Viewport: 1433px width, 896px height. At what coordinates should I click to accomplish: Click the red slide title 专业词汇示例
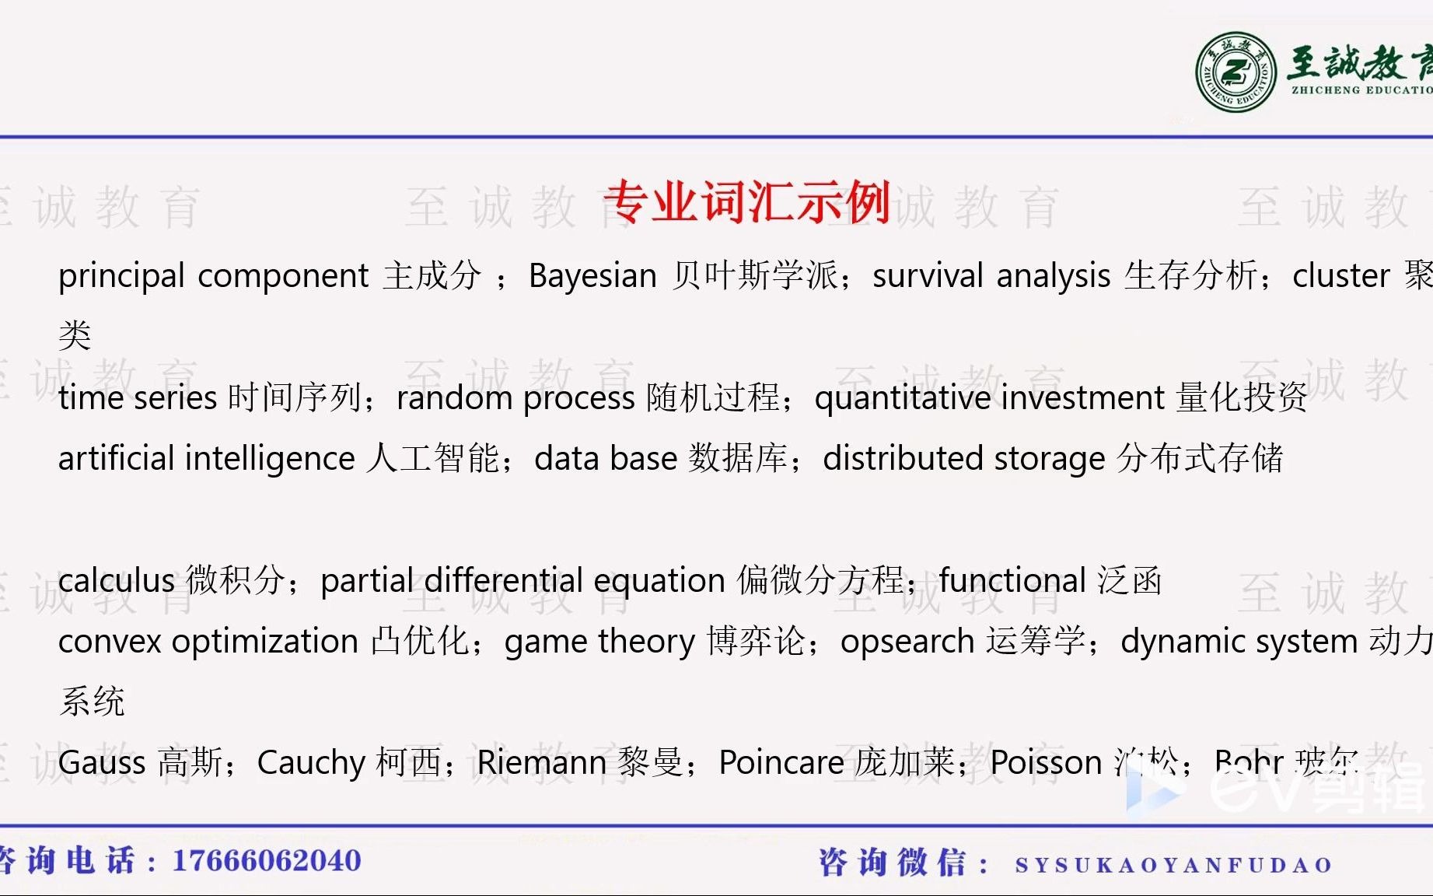pos(746,202)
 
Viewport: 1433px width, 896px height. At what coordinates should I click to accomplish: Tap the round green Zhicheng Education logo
pos(1236,72)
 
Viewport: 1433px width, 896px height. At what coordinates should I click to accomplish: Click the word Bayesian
pos(592,276)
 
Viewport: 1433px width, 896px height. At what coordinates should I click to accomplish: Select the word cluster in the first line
pos(1340,276)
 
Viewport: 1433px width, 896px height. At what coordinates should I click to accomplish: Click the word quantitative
pos(902,398)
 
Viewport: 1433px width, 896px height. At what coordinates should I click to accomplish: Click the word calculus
pos(117,581)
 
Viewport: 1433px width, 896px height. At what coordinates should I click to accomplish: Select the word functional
pos(1012,581)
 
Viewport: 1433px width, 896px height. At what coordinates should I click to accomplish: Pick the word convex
pos(110,642)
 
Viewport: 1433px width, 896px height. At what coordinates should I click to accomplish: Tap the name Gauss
pos(102,763)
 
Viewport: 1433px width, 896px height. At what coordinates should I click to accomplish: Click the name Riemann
pos(541,763)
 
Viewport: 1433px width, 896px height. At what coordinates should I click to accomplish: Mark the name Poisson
pos(1046,763)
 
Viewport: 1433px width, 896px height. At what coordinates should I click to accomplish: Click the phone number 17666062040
pos(267,861)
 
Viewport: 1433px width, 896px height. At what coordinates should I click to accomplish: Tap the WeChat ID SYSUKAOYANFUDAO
pos(1173,865)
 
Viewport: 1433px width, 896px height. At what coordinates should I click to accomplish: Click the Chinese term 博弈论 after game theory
pos(756,642)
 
